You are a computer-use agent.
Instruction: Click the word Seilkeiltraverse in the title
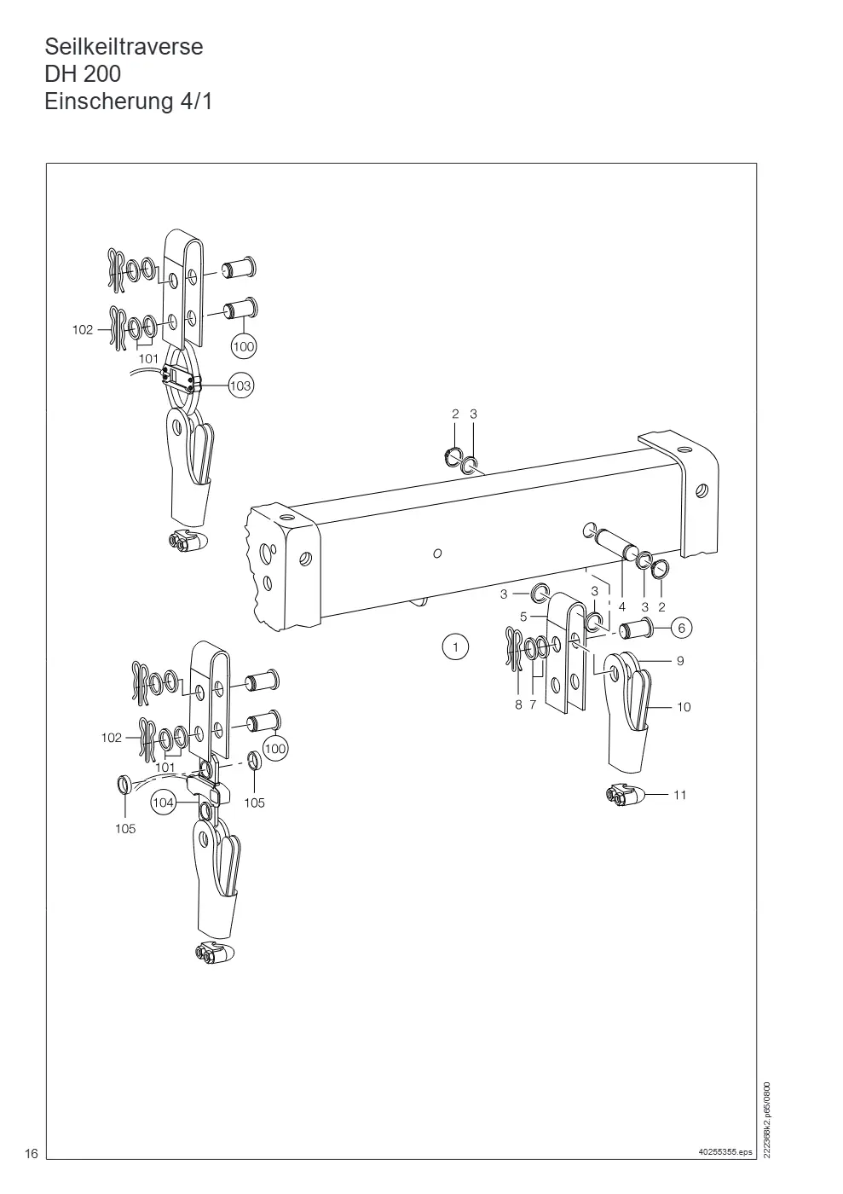click(x=124, y=48)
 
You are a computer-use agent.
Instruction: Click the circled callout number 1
click(x=455, y=647)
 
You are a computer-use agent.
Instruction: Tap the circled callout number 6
click(x=681, y=628)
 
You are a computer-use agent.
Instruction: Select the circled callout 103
click(x=240, y=385)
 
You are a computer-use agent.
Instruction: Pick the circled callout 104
click(x=163, y=803)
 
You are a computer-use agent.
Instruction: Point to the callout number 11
click(x=680, y=795)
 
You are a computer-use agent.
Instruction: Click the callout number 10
click(x=684, y=707)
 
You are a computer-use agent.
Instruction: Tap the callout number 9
click(x=680, y=661)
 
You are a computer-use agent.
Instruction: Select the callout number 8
click(x=518, y=704)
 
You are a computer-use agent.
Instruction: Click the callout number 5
click(x=523, y=617)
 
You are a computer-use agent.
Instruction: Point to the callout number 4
click(x=622, y=606)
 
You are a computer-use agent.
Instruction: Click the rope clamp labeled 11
click(x=627, y=796)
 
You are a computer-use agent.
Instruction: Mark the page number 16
click(x=32, y=1153)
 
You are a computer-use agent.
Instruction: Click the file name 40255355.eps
click(x=725, y=1152)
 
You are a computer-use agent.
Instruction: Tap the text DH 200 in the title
click(x=83, y=74)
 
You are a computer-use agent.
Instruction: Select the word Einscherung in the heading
click(x=109, y=101)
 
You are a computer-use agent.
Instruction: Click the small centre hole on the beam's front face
click(x=437, y=554)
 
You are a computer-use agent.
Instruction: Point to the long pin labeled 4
click(x=610, y=542)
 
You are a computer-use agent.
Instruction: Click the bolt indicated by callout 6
click(x=636, y=629)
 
